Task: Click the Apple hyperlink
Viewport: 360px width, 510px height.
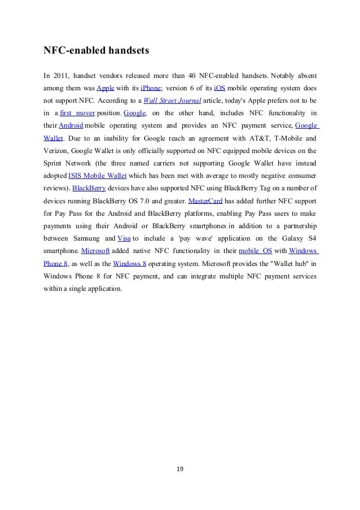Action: pyautogui.click(x=106, y=88)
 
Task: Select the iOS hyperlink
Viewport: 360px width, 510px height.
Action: pyautogui.click(x=220, y=88)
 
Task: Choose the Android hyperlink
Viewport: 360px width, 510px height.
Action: pyautogui.click(x=71, y=125)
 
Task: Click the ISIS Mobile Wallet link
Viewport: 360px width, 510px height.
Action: pyautogui.click(x=98, y=175)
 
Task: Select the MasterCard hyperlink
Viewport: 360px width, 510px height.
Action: pyautogui.click(x=205, y=200)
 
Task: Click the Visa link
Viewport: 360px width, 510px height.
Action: pyautogui.click(x=124, y=237)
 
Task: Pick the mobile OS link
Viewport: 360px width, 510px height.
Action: pyautogui.click(x=256, y=250)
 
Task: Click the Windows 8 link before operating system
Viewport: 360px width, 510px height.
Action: pyautogui.click(x=130, y=262)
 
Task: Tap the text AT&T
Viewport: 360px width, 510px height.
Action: pyautogui.click(x=252, y=138)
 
